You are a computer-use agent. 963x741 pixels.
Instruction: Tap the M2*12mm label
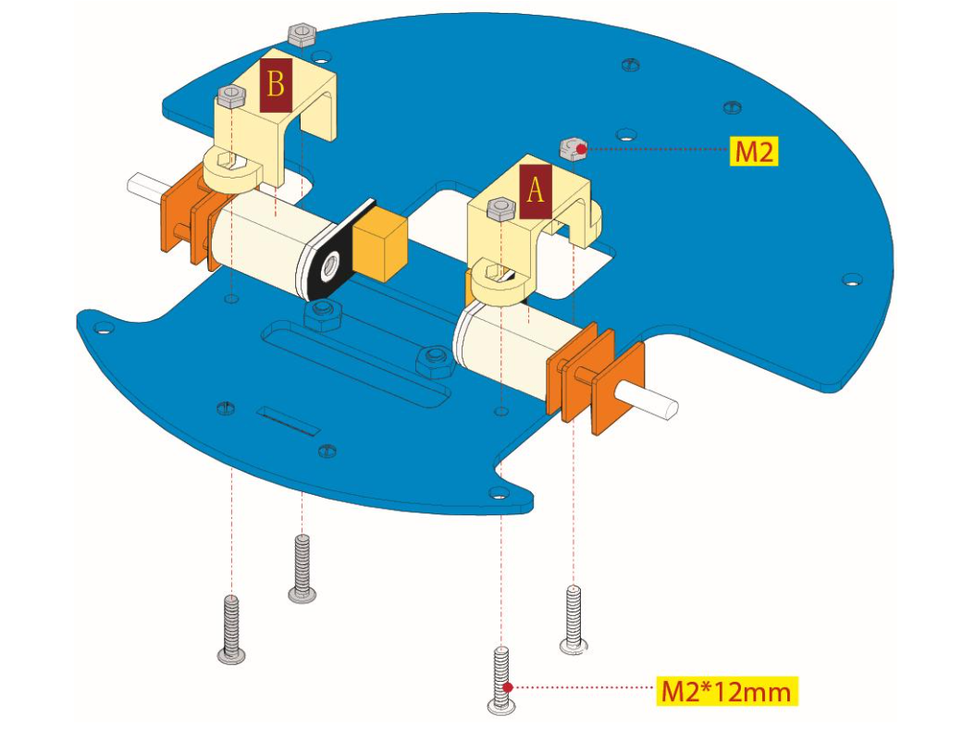[727, 690]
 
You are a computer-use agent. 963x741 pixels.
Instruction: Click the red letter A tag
[536, 191]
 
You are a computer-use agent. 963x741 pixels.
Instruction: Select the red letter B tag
[276, 85]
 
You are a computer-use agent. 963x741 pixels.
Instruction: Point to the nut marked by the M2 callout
[573, 147]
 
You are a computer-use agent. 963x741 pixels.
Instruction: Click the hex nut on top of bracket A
[500, 208]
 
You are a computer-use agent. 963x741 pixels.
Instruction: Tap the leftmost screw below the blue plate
[231, 629]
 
